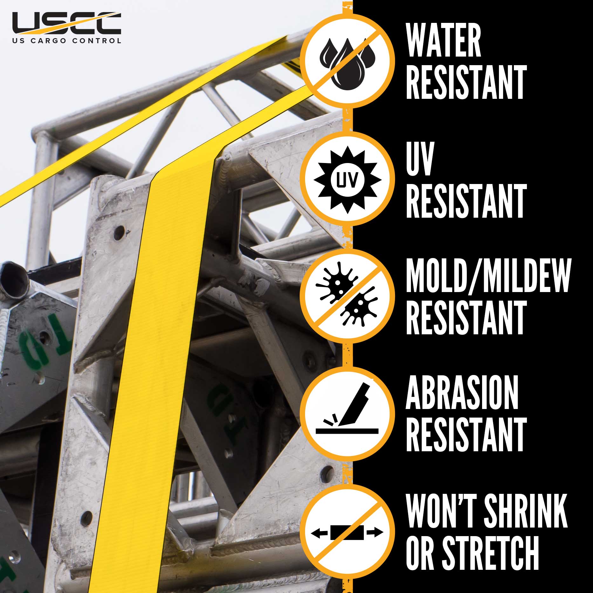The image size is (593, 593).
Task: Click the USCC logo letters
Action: click(66, 23)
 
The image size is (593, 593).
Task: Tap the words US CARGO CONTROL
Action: click(66, 41)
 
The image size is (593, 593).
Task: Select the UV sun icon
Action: click(347, 180)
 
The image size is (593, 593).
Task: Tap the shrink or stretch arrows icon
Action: click(347, 533)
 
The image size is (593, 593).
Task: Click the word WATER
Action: click(443, 40)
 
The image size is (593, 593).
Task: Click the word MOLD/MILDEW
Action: click(488, 275)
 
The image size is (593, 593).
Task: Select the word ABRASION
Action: click(462, 392)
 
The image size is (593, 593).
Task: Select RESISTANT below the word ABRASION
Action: click(466, 434)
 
